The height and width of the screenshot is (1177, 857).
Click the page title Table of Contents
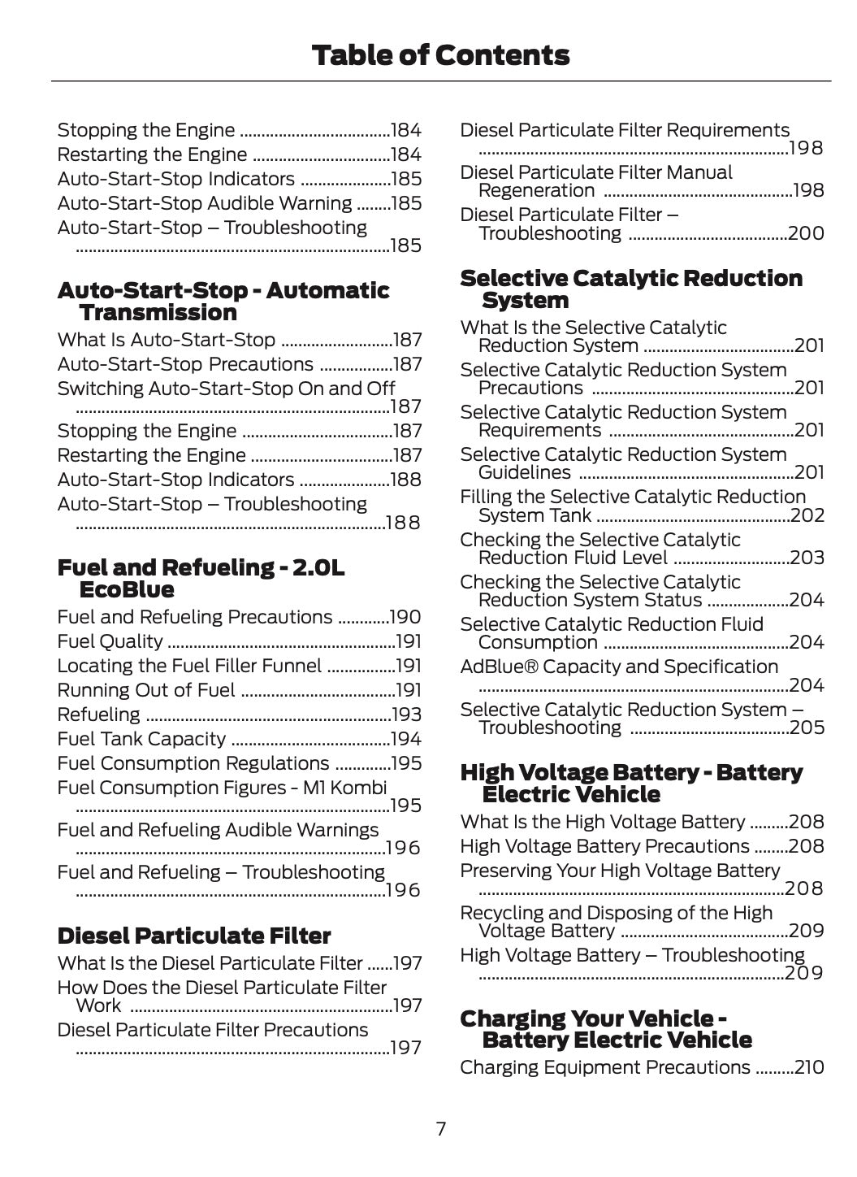click(440, 55)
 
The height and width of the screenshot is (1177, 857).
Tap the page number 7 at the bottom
click(440, 1128)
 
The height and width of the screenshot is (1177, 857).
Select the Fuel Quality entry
click(110, 641)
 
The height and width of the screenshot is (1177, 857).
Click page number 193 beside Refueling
click(406, 714)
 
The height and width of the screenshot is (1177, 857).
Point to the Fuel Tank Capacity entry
click(141, 739)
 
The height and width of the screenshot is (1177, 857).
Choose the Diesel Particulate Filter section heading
click(194, 936)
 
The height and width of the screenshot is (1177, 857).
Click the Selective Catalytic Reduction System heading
click(630, 289)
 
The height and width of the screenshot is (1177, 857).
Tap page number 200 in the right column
click(806, 233)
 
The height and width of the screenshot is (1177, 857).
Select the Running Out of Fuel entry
click(146, 690)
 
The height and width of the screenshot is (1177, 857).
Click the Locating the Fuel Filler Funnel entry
click(189, 666)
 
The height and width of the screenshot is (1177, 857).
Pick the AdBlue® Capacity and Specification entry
click(619, 667)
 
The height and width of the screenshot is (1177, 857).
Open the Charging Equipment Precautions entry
click(605, 1067)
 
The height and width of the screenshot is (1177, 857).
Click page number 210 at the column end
click(809, 1067)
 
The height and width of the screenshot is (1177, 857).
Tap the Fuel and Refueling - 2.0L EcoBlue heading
click(201, 578)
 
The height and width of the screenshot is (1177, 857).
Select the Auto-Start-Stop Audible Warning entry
click(205, 203)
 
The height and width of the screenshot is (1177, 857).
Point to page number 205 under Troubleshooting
click(807, 727)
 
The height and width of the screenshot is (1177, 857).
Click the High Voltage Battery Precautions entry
click(604, 846)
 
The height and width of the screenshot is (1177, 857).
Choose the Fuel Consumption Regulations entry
click(193, 763)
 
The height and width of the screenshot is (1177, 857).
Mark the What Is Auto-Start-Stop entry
click(167, 340)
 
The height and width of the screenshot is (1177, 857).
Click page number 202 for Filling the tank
click(807, 515)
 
